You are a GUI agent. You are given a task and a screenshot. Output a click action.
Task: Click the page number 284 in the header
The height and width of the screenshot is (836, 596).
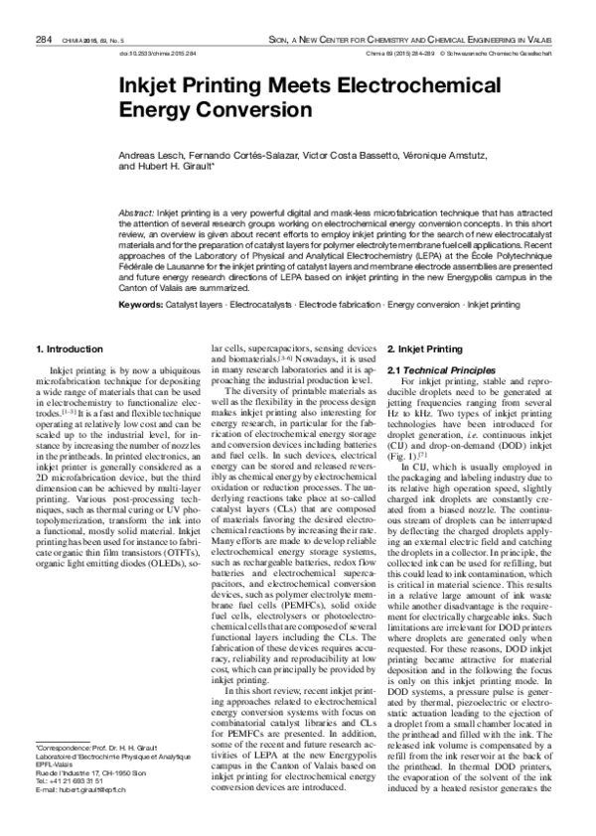[43, 11]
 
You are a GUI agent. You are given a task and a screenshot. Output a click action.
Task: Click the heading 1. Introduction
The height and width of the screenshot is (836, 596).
[70, 349]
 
